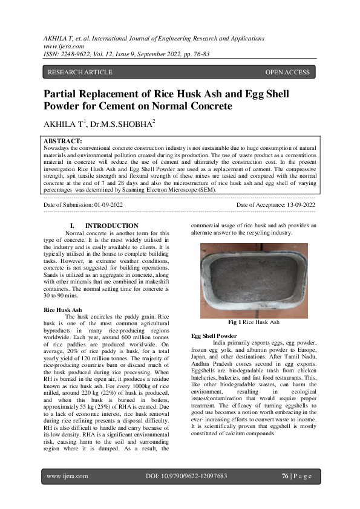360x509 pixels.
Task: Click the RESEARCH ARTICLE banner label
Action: [x=80, y=73]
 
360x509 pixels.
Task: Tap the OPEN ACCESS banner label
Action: [x=287, y=73]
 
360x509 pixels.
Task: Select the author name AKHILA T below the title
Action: [x=64, y=124]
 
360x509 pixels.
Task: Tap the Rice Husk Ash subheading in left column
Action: [x=63, y=309]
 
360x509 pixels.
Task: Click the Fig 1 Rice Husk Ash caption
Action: [x=254, y=323]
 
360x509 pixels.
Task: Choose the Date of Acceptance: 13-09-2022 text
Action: [x=276, y=206]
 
